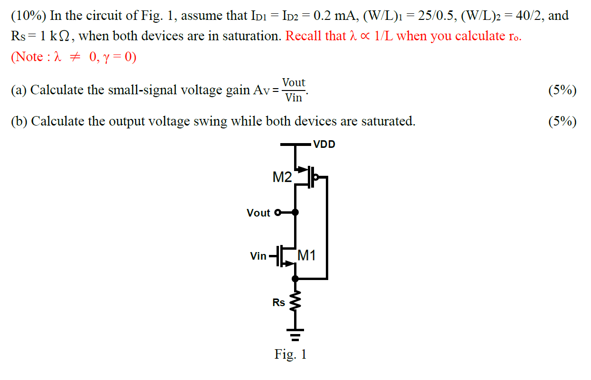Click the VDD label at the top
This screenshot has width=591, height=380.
(324, 145)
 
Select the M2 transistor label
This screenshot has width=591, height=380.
(282, 178)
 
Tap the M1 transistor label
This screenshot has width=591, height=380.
(306, 256)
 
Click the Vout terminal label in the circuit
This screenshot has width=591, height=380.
(258, 213)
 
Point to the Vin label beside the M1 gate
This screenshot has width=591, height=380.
(259, 256)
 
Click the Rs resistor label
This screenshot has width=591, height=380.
(279, 302)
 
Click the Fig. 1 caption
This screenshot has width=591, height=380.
(290, 354)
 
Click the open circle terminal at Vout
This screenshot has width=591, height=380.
(278, 212)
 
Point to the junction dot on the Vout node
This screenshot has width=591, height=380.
(295, 212)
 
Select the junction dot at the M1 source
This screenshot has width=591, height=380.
(295, 278)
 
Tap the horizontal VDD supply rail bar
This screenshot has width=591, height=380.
(295, 144)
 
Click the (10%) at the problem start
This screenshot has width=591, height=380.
(28, 16)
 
